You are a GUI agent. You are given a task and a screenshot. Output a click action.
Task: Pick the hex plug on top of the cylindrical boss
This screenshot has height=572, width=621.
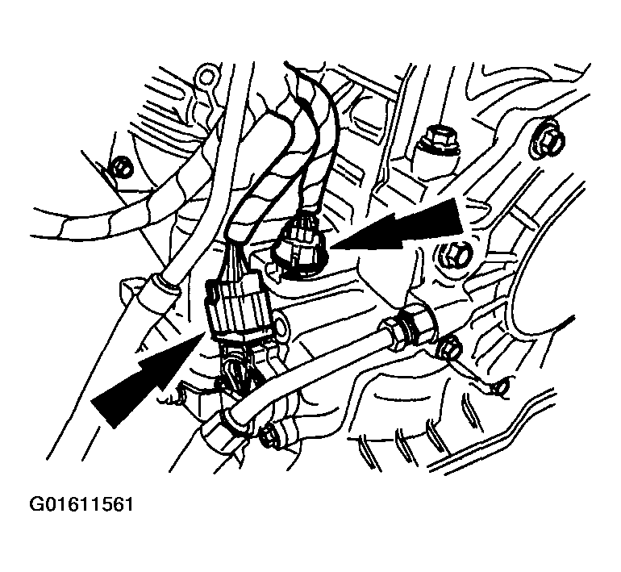point(436,138)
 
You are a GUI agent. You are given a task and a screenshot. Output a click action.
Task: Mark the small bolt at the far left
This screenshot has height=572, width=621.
point(119,167)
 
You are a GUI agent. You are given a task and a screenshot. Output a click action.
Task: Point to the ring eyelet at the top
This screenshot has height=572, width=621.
point(206,78)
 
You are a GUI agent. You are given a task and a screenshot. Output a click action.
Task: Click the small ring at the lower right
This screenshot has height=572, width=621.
point(500,389)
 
